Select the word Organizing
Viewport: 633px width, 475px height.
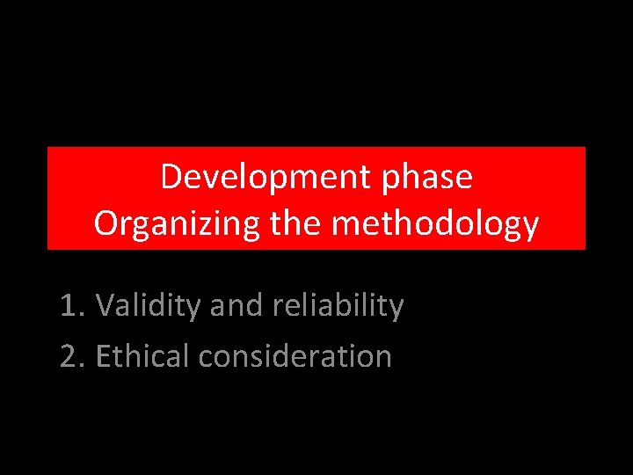177,224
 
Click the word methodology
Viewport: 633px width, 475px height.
435,224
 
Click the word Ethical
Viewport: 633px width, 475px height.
142,356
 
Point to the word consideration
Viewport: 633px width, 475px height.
295,356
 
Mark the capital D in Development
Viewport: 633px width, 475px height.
171,178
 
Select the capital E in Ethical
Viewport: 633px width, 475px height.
103,356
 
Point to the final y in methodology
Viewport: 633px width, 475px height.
529,228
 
